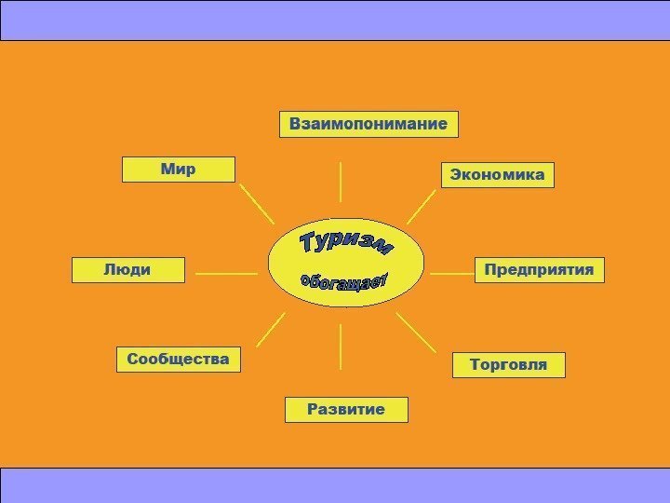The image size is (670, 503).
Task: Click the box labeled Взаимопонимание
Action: click(368, 124)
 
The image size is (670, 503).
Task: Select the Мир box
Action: click(179, 170)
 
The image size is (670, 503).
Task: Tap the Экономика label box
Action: click(497, 175)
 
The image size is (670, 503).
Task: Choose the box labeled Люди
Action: click(128, 270)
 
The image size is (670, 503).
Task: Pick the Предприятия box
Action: click(540, 270)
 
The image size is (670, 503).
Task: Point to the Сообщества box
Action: click(178, 359)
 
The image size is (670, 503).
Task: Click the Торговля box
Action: click(508, 364)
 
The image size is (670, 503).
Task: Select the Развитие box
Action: click(346, 410)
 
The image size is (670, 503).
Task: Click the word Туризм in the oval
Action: click(345, 245)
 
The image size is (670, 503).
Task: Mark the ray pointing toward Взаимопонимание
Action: click(341, 182)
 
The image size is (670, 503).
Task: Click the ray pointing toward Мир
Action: click(257, 202)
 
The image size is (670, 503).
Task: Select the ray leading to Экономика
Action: click(422, 206)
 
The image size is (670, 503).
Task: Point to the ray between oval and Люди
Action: click(227, 274)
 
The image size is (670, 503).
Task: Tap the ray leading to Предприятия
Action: click(453, 274)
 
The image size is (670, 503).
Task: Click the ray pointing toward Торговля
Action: click(416, 332)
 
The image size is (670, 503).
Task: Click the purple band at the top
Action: click(335, 20)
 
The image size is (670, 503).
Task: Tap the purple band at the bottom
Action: click(335, 484)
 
